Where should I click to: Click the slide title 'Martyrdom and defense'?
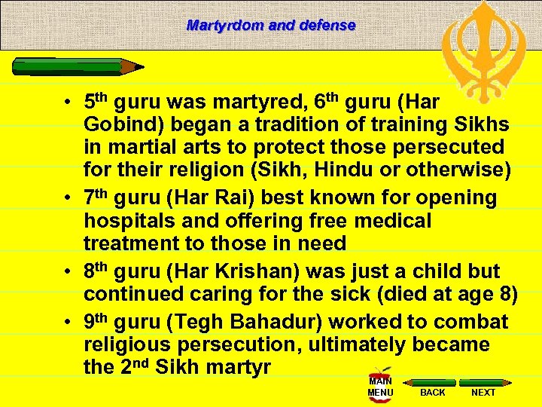[271, 25]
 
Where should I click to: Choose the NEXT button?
[483, 392]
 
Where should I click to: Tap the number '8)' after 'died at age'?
[505, 294]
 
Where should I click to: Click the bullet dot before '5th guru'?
[67, 100]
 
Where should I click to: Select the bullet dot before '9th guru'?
[67, 322]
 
